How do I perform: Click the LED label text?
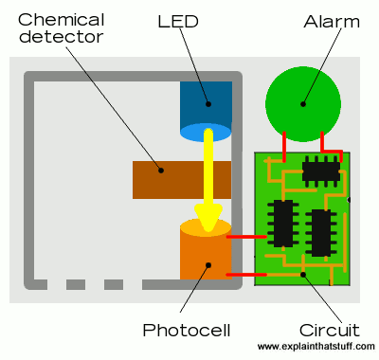point(178,21)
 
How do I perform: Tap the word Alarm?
point(332,22)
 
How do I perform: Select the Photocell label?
point(187,331)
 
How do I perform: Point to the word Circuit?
point(330,331)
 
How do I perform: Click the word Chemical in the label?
point(62,20)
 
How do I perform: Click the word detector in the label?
point(61,36)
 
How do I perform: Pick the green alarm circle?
point(303,104)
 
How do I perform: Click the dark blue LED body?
point(206,102)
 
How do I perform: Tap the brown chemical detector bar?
point(182,180)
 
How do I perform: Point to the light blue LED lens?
point(206,133)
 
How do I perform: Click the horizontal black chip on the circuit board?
point(321,171)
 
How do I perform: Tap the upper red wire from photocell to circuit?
point(247,237)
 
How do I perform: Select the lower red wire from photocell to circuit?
point(247,275)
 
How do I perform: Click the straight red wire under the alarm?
point(284,147)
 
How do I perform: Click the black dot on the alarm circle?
point(303,104)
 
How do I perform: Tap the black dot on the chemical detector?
point(161,171)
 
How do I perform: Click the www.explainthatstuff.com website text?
point(316,347)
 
